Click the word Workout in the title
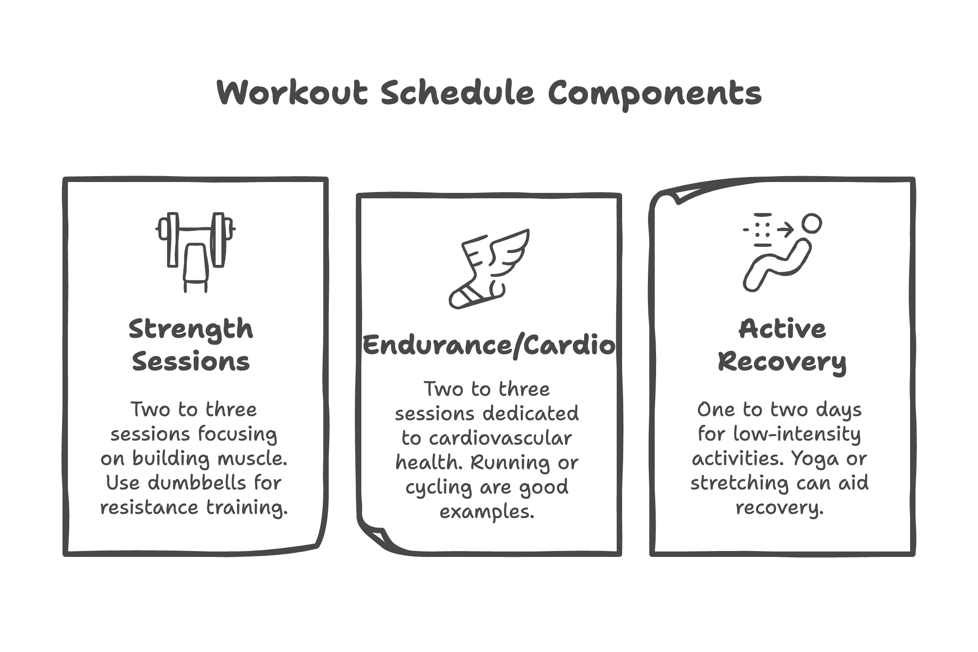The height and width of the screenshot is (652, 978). pyautogui.click(x=292, y=93)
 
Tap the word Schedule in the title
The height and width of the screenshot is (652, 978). pyautogui.click(x=457, y=93)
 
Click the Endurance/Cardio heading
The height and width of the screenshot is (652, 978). pyautogui.click(x=489, y=345)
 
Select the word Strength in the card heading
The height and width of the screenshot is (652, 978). pyautogui.click(x=191, y=330)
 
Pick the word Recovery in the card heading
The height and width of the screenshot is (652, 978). pyautogui.click(x=782, y=362)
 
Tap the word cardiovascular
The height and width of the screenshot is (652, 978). pyautogui.click(x=500, y=438)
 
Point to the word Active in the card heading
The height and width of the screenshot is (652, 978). pyautogui.click(x=782, y=330)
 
